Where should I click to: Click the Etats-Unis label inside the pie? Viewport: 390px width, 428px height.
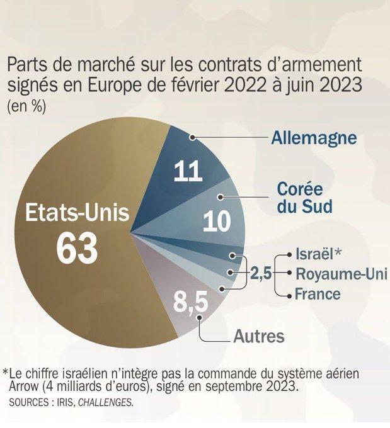tap(77, 213)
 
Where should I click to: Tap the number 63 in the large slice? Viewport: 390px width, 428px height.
tap(77, 249)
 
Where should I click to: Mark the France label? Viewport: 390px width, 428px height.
tap(318, 293)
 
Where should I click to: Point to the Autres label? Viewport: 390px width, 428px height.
tap(258, 335)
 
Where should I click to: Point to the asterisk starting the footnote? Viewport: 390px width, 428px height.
tap(6, 371)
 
